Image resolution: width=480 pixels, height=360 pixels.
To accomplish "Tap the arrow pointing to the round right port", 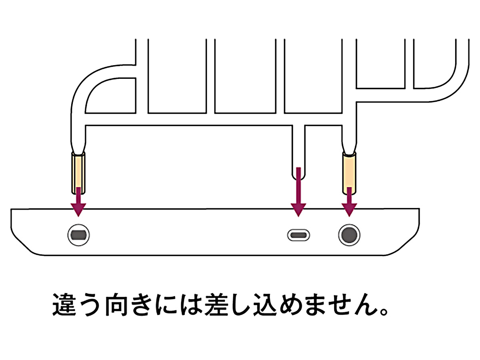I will (x=349, y=202).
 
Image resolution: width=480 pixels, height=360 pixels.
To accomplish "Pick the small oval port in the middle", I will (x=298, y=235).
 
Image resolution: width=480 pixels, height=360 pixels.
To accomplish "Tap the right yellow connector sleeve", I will (x=349, y=172).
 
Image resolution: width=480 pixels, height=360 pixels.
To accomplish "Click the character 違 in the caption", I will (x=65, y=306).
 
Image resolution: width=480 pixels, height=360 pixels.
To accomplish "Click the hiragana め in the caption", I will (x=288, y=306).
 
